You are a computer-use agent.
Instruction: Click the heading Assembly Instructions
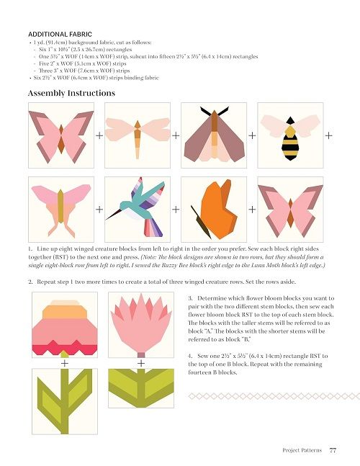71,94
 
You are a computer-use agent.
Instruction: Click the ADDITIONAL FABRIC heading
60,34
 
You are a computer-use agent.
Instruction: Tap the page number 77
333,450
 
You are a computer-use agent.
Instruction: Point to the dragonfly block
138,135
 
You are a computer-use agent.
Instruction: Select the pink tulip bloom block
141,325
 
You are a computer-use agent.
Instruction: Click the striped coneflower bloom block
65,325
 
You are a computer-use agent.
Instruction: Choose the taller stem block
65,401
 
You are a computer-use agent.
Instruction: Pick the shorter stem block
141,388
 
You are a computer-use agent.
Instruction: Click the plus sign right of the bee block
328,135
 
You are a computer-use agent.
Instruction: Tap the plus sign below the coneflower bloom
65,363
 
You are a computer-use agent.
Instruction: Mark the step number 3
190,298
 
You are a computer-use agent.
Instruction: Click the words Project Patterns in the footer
302,450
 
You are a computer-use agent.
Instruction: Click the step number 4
190,356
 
